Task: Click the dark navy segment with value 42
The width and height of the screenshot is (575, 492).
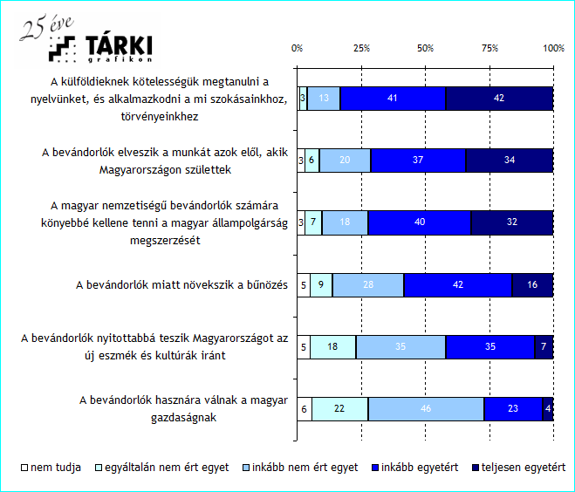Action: pyautogui.click(x=499, y=99)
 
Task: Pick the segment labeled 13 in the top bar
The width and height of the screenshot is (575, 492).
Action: pyautogui.click(x=324, y=99)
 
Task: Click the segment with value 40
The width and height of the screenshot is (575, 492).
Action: pyautogui.click(x=420, y=222)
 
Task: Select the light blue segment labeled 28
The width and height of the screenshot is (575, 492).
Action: pyautogui.click(x=367, y=285)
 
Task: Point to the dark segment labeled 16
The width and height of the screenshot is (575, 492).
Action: pyautogui.click(x=532, y=285)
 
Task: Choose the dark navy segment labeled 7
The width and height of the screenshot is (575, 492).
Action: pyautogui.click(x=544, y=347)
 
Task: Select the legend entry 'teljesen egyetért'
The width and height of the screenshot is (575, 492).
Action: pyautogui.click(x=517, y=468)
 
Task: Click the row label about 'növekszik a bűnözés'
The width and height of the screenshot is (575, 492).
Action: pyautogui.click(x=181, y=285)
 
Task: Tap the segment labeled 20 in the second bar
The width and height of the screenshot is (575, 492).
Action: pyautogui.click(x=345, y=161)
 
